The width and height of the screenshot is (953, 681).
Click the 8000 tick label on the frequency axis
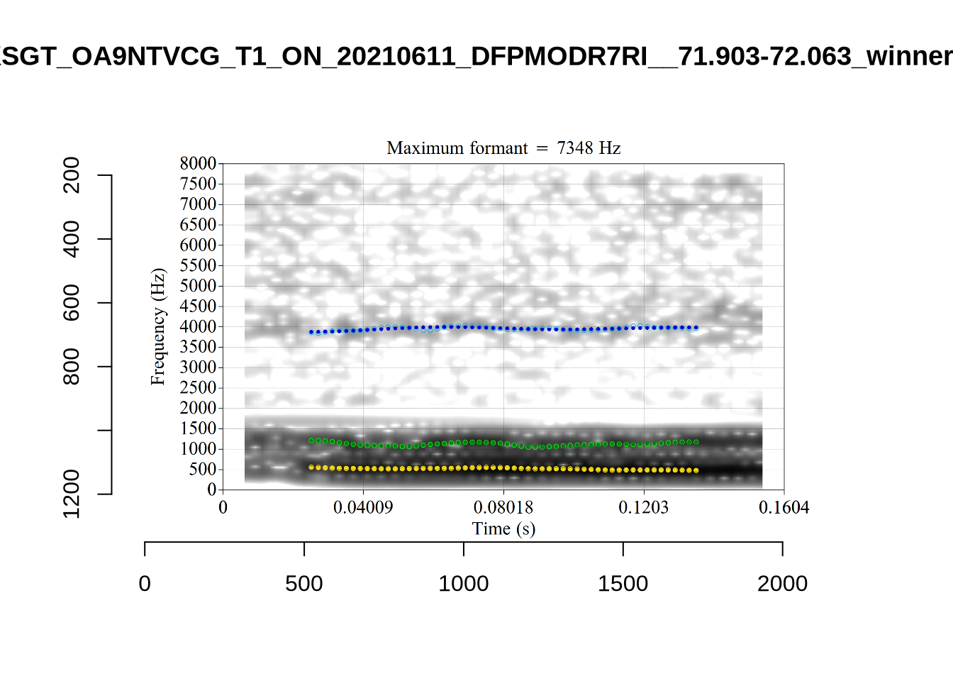tap(198, 163)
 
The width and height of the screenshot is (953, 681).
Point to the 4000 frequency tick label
tap(198, 327)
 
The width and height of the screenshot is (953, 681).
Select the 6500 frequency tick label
tap(198, 225)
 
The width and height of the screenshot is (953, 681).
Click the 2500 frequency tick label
tap(198, 388)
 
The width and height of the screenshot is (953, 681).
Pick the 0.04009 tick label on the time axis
tap(363, 507)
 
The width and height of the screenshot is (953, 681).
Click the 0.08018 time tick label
tap(503, 507)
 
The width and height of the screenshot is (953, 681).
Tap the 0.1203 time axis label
tap(644, 507)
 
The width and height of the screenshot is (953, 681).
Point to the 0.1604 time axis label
tap(784, 507)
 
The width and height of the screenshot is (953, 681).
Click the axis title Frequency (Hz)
tap(157, 326)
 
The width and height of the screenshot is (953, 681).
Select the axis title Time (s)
tap(503, 528)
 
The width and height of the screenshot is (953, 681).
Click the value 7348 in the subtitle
tap(575, 148)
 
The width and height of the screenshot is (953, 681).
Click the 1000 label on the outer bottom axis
tap(464, 584)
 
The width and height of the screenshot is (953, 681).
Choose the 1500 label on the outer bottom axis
tap(623, 584)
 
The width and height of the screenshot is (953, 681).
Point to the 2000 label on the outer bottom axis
tap(782, 584)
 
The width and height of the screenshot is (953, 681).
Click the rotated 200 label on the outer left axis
tap(72, 175)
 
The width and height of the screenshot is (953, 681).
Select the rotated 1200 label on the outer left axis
tap(72, 494)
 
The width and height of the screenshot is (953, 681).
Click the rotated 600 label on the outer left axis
tap(72, 303)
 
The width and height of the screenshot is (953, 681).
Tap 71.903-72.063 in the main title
tap(764, 56)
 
